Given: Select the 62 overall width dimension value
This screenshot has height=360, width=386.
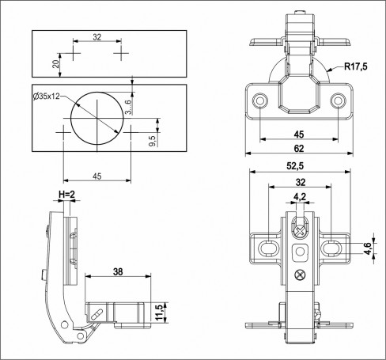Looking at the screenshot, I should click(298, 147).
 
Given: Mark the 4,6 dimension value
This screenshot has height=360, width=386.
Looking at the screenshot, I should click(367, 250).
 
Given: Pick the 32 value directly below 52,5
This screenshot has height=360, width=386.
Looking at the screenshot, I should click(300, 182).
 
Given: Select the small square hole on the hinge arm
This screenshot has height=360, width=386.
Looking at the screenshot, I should click(299, 252).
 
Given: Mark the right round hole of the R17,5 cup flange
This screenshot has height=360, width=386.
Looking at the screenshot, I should click(339, 101).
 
